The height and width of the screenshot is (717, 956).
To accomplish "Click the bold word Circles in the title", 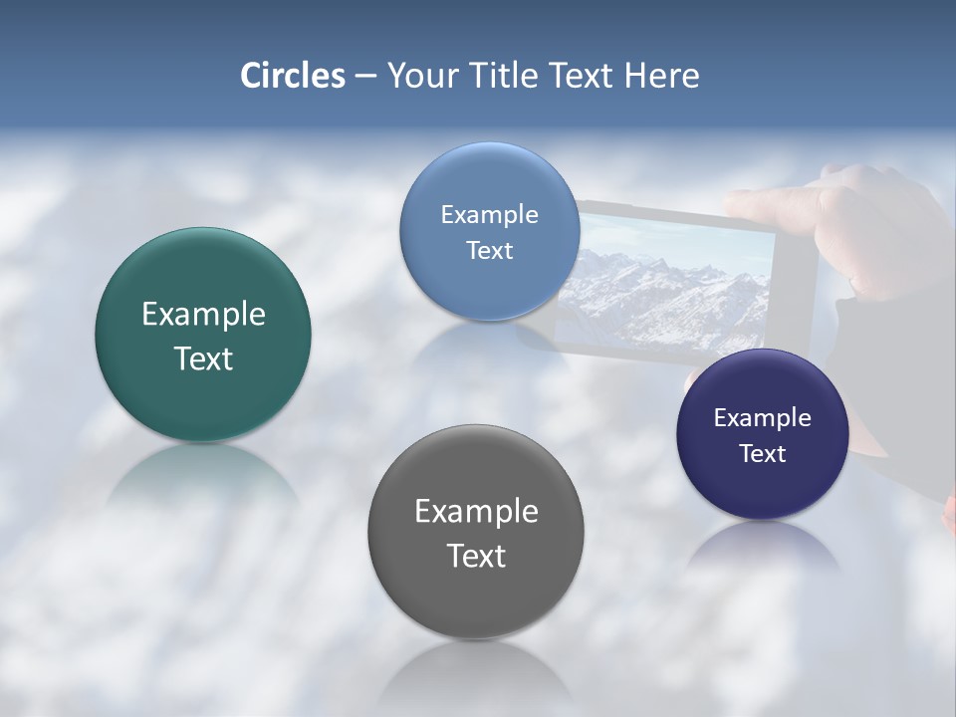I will click(x=293, y=76).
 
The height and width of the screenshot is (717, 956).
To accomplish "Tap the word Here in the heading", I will click(x=661, y=76).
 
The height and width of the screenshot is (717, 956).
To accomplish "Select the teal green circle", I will click(x=203, y=335).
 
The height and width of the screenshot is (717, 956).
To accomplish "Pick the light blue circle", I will click(x=489, y=231).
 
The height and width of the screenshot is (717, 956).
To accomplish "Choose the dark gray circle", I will click(x=476, y=532).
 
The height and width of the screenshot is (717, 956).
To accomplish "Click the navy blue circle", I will click(x=763, y=434).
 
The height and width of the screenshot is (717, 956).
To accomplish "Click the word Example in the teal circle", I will click(x=203, y=315).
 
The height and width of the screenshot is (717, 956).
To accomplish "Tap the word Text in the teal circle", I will click(x=203, y=358).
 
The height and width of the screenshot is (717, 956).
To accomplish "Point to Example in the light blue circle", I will click(x=489, y=215).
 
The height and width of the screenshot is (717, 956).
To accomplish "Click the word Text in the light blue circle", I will click(x=489, y=251).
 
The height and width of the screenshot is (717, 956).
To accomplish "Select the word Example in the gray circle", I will click(x=476, y=512).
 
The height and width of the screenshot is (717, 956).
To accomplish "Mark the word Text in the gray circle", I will click(x=476, y=556).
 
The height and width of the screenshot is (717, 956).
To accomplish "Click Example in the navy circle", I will click(x=763, y=418).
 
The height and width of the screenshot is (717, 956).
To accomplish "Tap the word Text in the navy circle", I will click(x=763, y=454).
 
